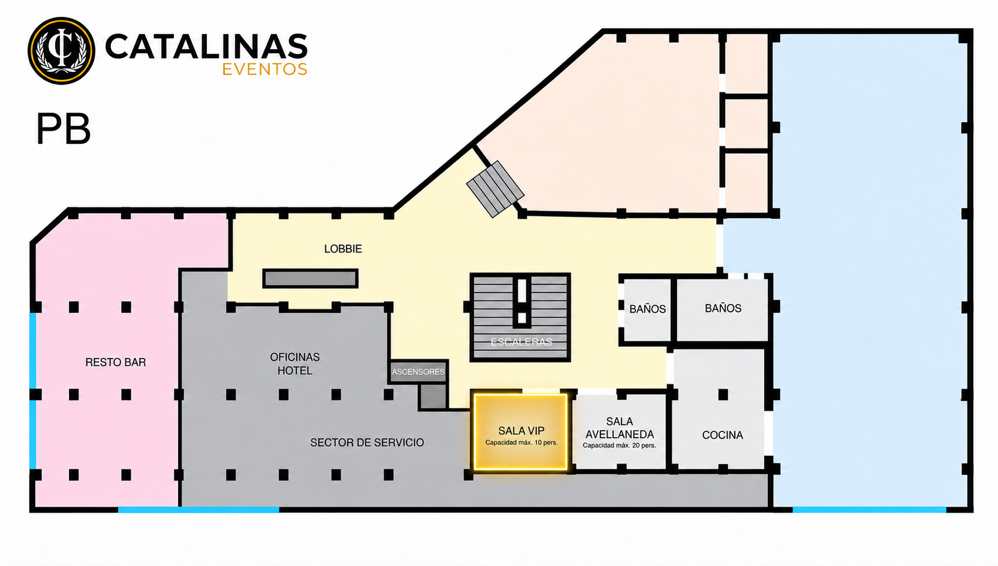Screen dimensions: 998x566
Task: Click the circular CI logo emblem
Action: [x=62, y=51]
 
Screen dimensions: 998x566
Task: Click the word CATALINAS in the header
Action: [x=206, y=46]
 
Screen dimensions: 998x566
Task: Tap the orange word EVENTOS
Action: [x=265, y=69]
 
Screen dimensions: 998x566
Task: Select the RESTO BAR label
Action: [x=116, y=362]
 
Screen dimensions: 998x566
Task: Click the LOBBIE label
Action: [x=343, y=249]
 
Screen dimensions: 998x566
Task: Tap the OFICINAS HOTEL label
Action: [x=295, y=364]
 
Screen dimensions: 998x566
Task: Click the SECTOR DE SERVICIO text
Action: [x=367, y=443]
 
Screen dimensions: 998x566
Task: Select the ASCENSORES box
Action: [x=418, y=371]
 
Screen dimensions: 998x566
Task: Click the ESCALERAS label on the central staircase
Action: [x=521, y=342]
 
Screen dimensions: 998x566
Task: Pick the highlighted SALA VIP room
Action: [x=520, y=431]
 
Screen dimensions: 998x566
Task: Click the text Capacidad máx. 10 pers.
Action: [x=521, y=443]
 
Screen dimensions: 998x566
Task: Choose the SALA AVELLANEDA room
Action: [x=620, y=431]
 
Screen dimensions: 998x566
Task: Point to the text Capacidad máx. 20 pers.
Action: [x=619, y=446]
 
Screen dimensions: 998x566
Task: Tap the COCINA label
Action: [x=723, y=435]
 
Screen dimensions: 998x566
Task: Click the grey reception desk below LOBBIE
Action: [x=310, y=279]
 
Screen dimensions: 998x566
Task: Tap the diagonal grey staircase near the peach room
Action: [x=495, y=189]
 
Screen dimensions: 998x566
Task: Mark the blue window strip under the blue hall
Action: [x=869, y=510]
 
